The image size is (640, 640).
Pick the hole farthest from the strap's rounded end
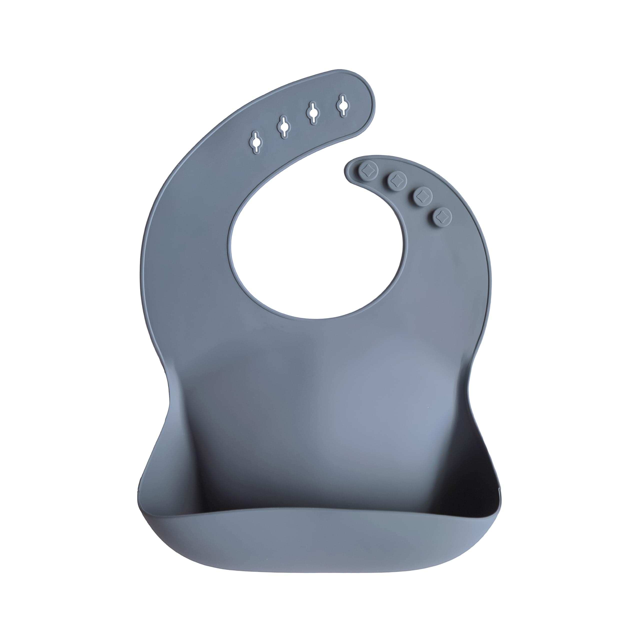coord(256,142)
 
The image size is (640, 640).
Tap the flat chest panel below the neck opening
coord(318,381)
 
